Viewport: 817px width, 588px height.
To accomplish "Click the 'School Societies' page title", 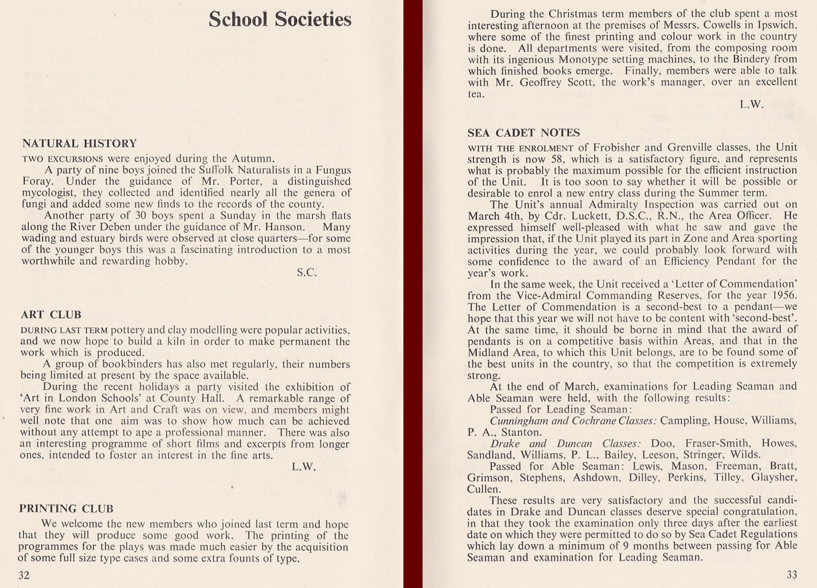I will point(280,19).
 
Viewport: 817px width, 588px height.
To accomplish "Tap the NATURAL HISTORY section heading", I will point(79,144).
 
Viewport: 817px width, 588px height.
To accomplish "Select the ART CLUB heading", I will point(51,315).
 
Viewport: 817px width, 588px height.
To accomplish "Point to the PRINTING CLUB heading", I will point(66,509).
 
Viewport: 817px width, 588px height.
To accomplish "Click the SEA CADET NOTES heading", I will point(524,133).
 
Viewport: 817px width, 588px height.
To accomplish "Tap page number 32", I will point(24,575).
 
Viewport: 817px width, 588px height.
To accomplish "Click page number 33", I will point(791,575).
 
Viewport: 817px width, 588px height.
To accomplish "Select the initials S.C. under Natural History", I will point(307,272).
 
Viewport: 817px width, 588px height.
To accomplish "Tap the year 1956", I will point(783,295).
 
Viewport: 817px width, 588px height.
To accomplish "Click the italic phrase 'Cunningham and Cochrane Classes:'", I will point(573,421).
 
